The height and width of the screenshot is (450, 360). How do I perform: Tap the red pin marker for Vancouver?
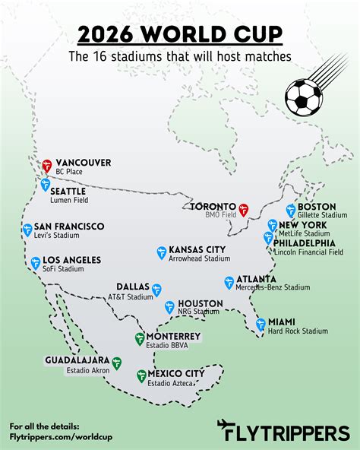click(47, 165)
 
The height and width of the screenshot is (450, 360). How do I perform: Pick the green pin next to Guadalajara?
click(116, 363)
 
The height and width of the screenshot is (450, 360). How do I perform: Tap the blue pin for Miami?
click(261, 325)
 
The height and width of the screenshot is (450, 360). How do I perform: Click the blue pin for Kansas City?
click(161, 252)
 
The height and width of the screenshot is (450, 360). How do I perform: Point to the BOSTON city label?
click(317, 207)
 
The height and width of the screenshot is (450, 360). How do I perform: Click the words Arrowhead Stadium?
click(200, 259)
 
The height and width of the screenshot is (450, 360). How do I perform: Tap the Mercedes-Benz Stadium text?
click(273, 288)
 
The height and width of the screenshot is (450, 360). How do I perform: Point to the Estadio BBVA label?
click(167, 346)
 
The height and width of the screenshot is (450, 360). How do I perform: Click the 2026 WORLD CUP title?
click(179, 35)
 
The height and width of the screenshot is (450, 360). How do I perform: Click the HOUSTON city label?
click(201, 303)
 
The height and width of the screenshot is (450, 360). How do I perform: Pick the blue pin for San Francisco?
click(27, 230)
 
